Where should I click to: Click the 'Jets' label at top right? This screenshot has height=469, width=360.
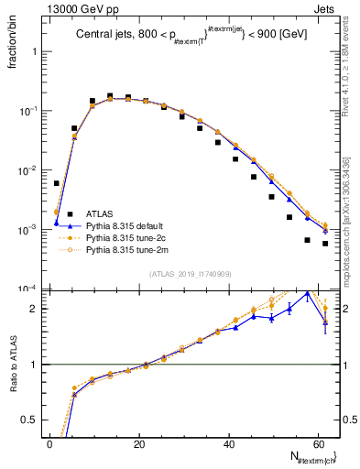[x=325, y=8]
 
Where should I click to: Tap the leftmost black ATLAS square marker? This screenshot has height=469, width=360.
[x=57, y=183]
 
